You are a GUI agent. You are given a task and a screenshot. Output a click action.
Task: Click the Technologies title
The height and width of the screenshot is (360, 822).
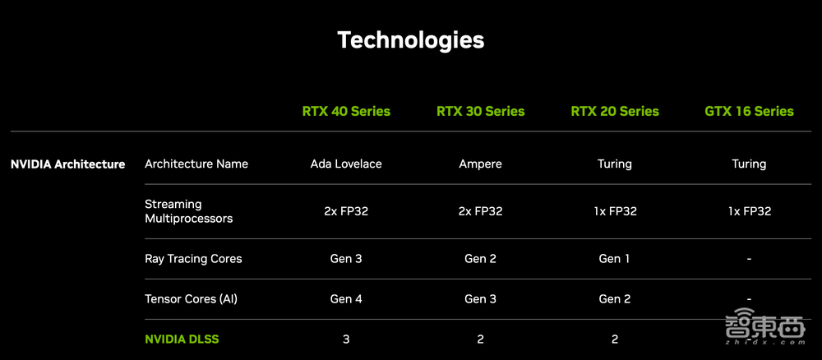click(x=410, y=39)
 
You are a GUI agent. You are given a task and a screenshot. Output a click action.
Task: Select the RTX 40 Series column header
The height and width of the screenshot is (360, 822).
click(x=346, y=111)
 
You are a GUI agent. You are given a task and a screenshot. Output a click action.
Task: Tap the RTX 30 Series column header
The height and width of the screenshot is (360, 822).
click(x=480, y=111)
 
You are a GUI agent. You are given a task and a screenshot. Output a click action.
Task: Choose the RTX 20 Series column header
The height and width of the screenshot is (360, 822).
click(x=615, y=111)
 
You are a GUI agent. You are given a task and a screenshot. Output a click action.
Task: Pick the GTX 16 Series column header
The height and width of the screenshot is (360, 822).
click(x=749, y=111)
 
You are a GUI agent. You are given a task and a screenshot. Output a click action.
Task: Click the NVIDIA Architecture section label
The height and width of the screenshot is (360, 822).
click(x=67, y=164)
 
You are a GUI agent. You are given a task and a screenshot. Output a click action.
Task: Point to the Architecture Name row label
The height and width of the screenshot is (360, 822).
click(x=196, y=164)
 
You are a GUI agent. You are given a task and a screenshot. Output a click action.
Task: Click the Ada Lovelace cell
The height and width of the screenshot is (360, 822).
click(x=346, y=164)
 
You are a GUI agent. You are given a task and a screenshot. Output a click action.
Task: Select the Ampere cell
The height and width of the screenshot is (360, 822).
click(x=480, y=164)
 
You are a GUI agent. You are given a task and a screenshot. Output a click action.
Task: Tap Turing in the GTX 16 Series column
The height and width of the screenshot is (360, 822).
click(x=749, y=164)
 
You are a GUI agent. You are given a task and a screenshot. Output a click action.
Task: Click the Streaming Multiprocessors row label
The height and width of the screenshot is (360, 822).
click(x=188, y=211)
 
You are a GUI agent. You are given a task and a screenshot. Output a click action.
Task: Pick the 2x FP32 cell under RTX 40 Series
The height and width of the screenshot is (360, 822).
click(x=346, y=211)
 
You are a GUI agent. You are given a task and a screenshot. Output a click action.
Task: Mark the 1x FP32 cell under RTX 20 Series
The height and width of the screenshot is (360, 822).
click(x=615, y=211)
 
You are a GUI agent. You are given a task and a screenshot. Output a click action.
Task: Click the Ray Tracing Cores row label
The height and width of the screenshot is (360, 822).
click(x=193, y=259)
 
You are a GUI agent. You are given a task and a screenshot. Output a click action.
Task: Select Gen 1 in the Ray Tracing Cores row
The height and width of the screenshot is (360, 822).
click(x=615, y=259)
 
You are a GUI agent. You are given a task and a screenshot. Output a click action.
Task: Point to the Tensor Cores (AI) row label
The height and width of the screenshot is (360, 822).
click(x=191, y=299)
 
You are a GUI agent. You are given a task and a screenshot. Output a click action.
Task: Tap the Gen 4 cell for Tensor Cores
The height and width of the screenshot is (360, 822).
click(x=346, y=299)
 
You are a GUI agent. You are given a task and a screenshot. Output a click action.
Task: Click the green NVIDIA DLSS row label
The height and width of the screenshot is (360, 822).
click(x=182, y=339)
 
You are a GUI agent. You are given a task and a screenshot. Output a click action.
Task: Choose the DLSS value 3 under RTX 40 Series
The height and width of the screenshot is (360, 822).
click(x=346, y=339)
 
